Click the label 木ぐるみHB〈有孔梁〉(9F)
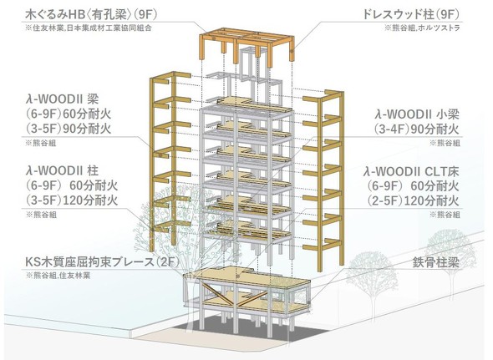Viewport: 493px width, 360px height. click(x=91, y=14)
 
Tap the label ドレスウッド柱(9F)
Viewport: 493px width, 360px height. click(x=411, y=14)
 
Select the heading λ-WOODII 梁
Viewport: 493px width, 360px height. click(x=62, y=99)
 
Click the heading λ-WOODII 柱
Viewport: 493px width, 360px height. click(x=62, y=170)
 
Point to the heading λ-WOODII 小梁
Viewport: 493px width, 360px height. click(x=418, y=114)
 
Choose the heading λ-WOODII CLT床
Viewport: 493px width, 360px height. click(x=411, y=171)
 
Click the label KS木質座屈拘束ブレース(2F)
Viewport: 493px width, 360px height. click(x=102, y=262)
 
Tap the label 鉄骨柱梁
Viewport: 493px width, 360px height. click(x=436, y=262)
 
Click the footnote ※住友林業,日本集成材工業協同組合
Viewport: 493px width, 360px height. click(x=89, y=28)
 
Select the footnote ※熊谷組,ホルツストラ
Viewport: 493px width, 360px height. click(x=422, y=28)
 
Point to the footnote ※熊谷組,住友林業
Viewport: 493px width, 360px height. click(x=58, y=276)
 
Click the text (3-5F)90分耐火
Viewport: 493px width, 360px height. click(x=69, y=129)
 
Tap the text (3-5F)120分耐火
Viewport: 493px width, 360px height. click(x=72, y=200)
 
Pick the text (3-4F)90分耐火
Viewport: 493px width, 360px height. click(x=417, y=129)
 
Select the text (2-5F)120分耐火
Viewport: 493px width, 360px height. click(x=413, y=200)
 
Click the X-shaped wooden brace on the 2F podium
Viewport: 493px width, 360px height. click(x=233, y=294)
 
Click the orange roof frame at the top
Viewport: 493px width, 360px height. click(x=247, y=46)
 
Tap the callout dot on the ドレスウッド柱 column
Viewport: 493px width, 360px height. click(x=292, y=50)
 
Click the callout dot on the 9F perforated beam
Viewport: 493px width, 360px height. click(x=214, y=38)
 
